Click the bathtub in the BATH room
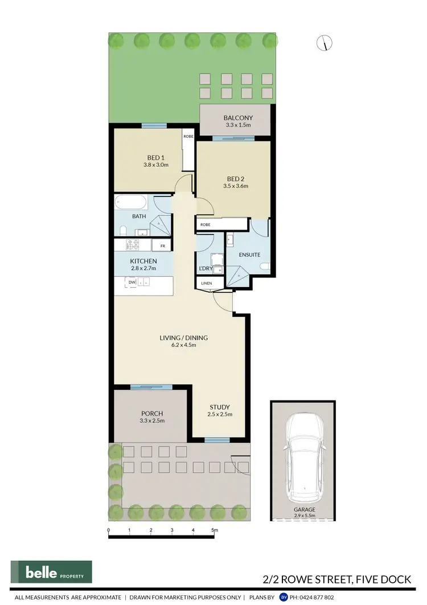click(x=131, y=202)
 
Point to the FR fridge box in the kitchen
click(x=162, y=246)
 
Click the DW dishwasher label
click(x=132, y=281)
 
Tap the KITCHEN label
click(x=143, y=260)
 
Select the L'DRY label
click(x=205, y=268)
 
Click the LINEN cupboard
click(x=206, y=283)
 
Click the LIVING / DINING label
click(x=183, y=338)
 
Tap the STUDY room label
click(x=219, y=407)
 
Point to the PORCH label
click(x=152, y=414)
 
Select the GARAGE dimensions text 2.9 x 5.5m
click(x=305, y=516)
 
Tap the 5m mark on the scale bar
click(x=214, y=530)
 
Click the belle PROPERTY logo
click(x=51, y=572)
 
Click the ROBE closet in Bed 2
click(x=205, y=225)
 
